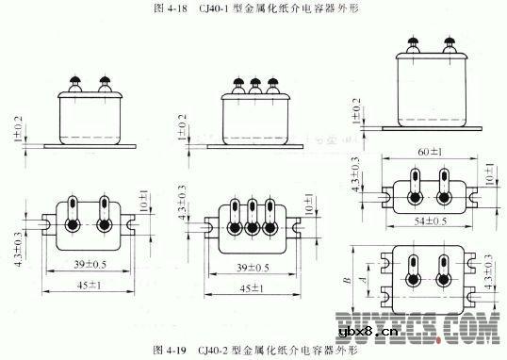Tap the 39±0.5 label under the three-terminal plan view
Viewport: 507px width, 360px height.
(252, 267)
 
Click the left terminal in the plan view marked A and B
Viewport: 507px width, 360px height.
(412, 274)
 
